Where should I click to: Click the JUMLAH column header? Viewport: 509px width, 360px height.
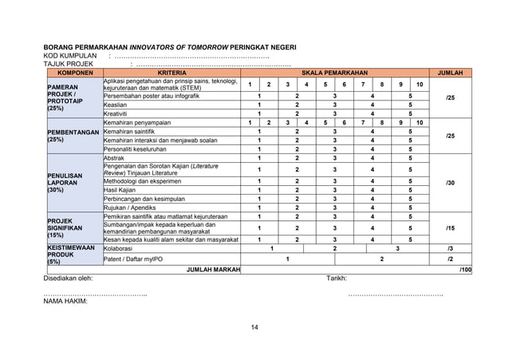[451, 73]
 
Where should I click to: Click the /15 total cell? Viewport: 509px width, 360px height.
[451, 228]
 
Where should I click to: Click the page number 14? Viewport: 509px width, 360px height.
[254, 328]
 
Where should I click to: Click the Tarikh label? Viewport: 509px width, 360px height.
[337, 279]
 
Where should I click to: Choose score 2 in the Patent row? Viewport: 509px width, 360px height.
[381, 259]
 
